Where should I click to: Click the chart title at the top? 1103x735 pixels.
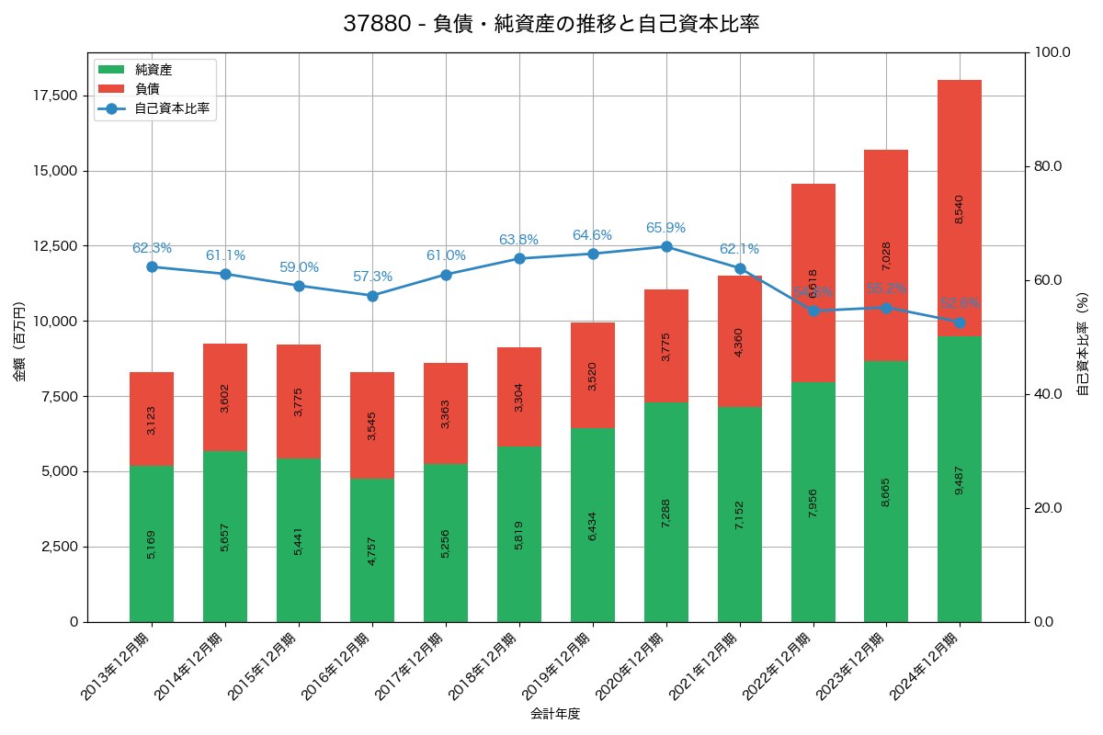point(551,24)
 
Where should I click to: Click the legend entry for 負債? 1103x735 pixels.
point(147,89)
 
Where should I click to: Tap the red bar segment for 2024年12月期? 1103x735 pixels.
point(960,208)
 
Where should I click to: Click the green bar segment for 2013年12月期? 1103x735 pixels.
point(152,543)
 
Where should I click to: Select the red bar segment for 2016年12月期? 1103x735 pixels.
point(372,425)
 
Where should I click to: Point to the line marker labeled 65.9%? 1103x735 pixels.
point(666,246)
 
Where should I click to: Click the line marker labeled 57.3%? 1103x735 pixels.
point(372,296)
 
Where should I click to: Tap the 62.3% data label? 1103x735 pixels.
point(152,248)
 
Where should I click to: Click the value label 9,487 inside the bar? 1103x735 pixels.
point(960,479)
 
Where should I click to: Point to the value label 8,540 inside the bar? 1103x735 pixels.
point(960,209)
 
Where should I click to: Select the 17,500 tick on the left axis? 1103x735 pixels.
point(57,96)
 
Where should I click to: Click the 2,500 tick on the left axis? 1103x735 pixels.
point(61,547)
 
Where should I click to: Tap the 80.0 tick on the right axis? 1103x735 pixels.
point(1047,166)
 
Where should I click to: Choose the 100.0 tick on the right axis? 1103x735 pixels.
point(1050,52)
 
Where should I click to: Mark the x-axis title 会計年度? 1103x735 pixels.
point(555,713)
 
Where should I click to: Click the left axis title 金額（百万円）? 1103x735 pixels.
point(18,341)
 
